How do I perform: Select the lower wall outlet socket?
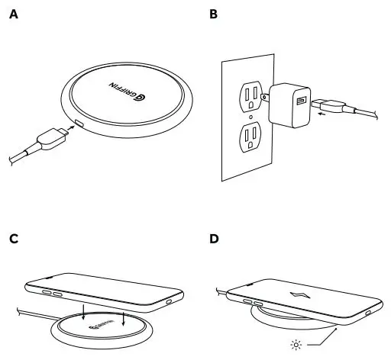pos(250,138)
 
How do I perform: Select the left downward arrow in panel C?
pos(83,313)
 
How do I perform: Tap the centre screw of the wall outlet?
pos(250,117)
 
